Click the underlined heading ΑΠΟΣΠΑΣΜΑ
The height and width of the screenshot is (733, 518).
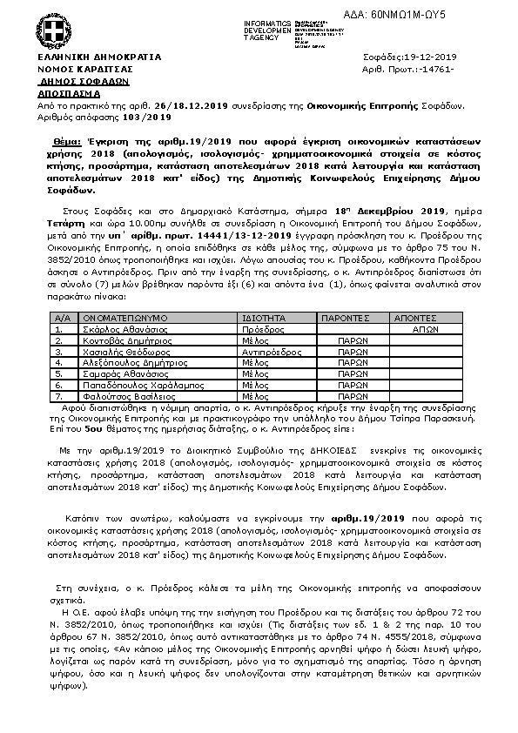[68, 91]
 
